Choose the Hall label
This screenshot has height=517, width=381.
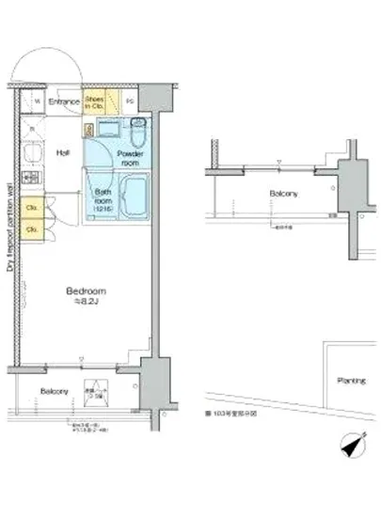63,152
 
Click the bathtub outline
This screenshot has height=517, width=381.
134,198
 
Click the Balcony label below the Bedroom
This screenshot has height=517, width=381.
54,390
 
